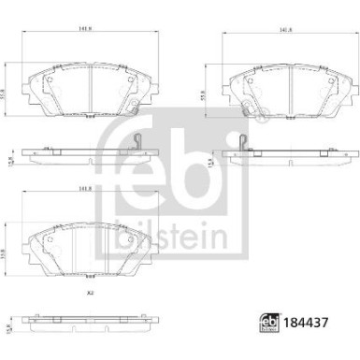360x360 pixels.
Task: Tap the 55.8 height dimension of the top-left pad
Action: [8, 94]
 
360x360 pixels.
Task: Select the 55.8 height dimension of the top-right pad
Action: [209, 94]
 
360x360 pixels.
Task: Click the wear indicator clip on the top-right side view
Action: [243, 143]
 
